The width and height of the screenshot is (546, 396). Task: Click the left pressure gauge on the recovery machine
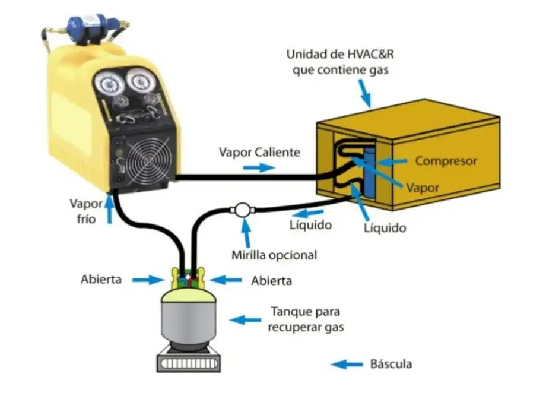pos(109,84)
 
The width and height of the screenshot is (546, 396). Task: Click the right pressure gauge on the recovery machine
pos(141,81)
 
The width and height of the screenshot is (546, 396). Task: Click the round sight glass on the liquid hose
pos(242,210)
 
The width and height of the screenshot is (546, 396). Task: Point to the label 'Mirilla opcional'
pos(274,255)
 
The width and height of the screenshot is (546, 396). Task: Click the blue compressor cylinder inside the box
pos(369,172)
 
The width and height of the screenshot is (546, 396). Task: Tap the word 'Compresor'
pos(446,161)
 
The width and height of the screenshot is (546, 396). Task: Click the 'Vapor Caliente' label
pos(259,152)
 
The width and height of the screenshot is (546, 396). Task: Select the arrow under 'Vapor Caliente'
pos(259,168)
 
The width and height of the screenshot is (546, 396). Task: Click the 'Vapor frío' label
pos(86,211)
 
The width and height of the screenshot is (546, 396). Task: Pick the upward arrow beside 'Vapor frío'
pos(110,210)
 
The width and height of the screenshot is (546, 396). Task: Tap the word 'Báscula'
pos(391,364)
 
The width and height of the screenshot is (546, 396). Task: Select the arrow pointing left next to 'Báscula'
pos(347,365)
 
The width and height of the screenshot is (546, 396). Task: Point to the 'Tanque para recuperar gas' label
pos(306,319)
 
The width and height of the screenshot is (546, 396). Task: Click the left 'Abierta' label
pos(101,279)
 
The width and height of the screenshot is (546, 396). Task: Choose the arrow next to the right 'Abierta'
pos(226,280)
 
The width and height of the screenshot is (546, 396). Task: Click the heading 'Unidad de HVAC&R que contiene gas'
pos(340,62)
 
